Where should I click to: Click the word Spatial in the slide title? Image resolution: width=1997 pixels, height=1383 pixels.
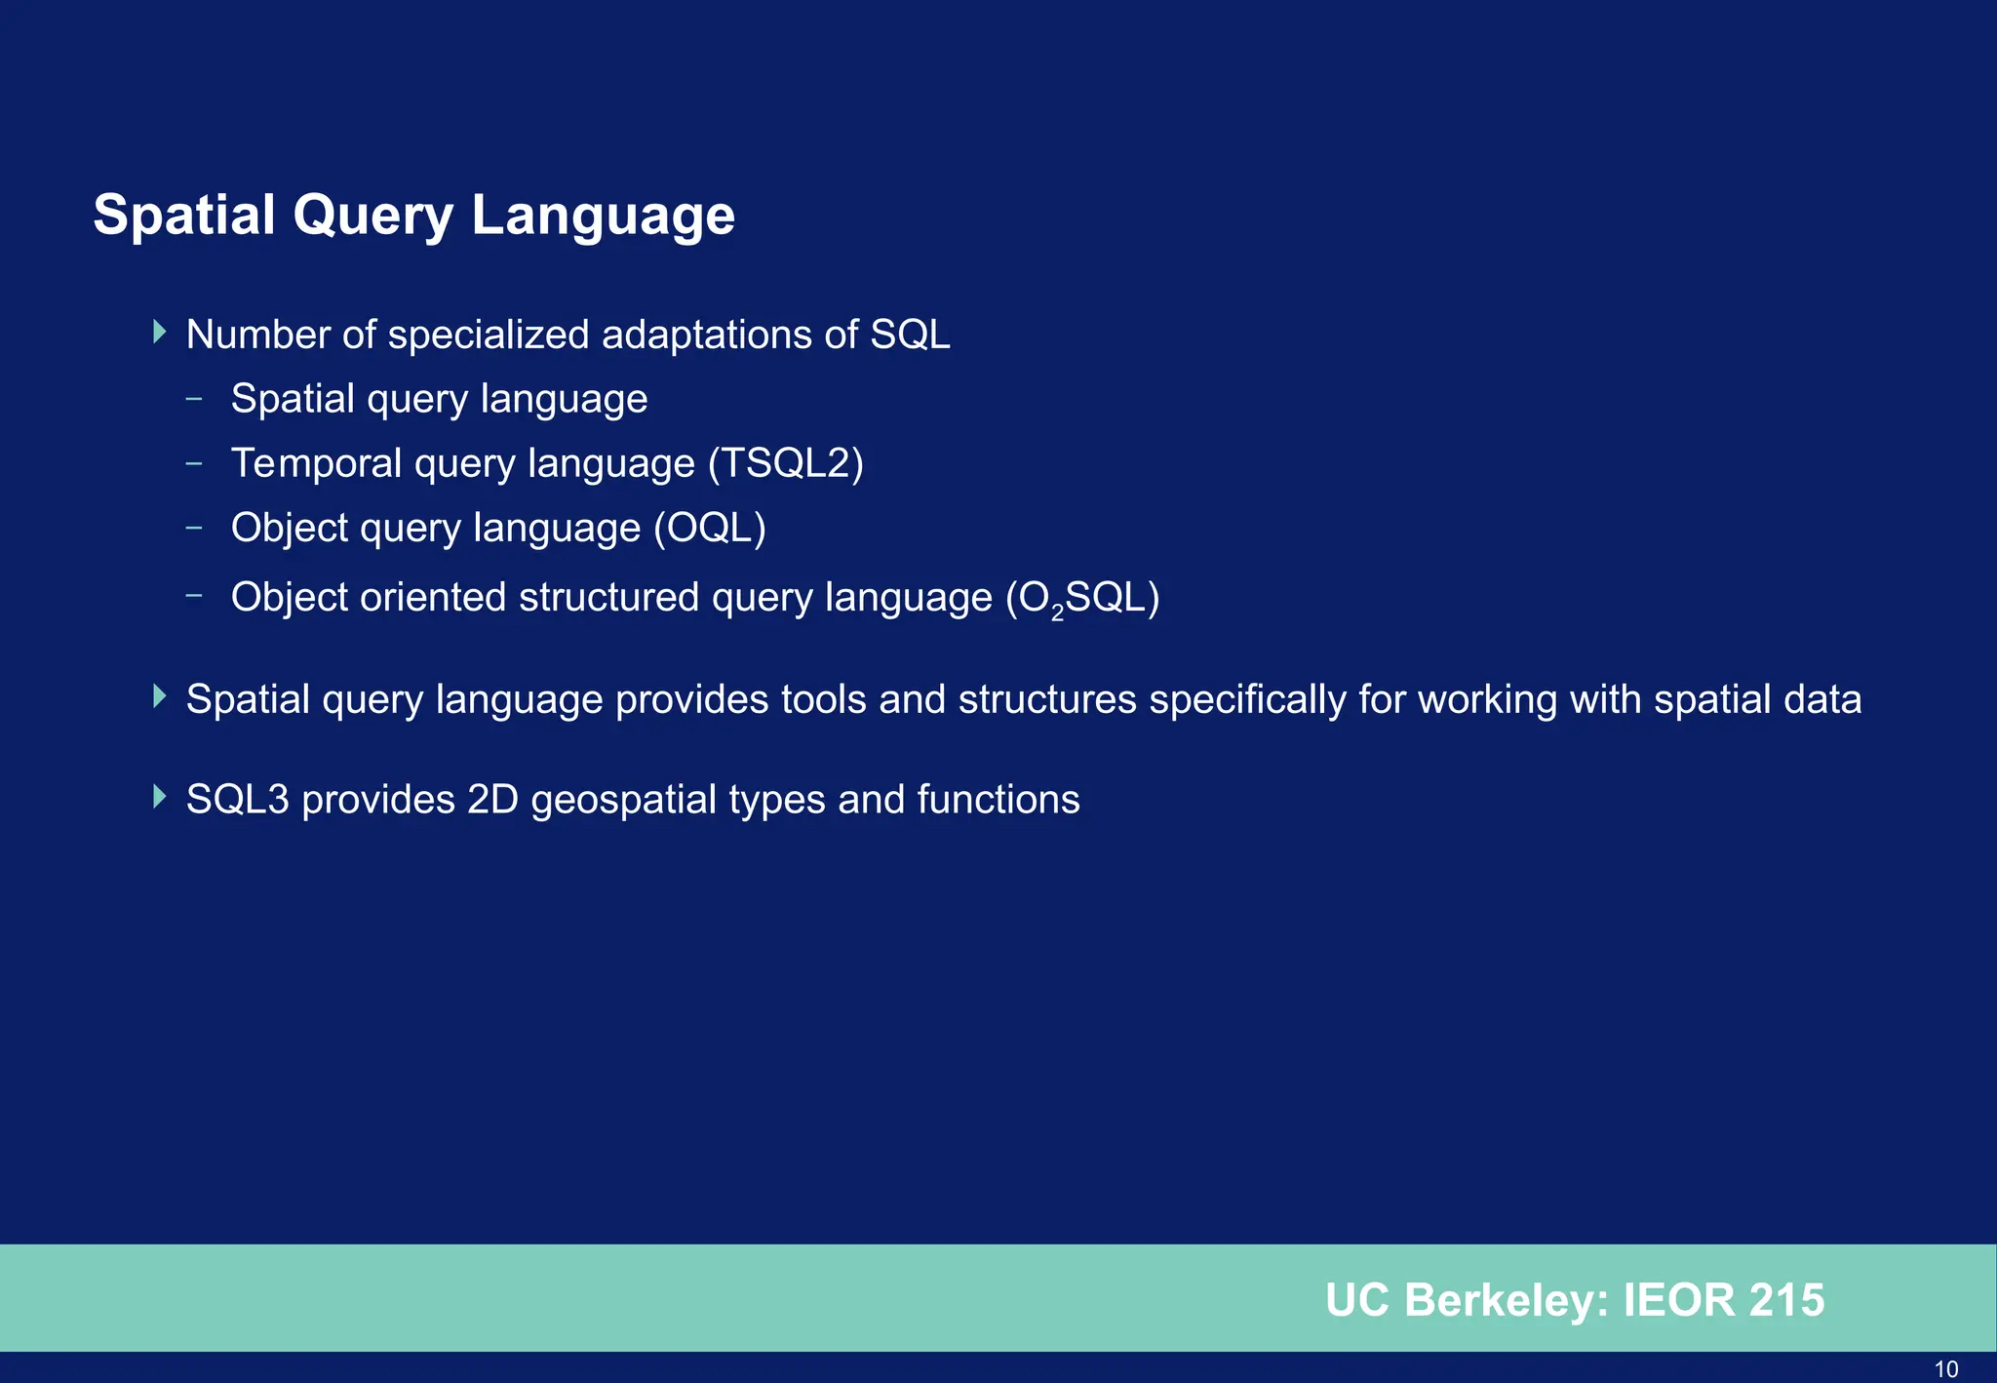tap(184, 215)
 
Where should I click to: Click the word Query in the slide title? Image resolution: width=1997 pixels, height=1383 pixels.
tap(372, 217)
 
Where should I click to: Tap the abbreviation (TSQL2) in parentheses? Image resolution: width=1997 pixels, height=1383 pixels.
tap(786, 463)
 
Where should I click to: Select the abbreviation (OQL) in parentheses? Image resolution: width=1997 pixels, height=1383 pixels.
tap(710, 528)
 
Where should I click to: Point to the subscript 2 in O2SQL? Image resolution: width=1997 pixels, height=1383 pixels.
tap(1057, 613)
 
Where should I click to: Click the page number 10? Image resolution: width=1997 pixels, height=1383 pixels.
tap(1945, 1369)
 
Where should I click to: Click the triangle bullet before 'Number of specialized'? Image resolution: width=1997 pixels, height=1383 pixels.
tap(160, 332)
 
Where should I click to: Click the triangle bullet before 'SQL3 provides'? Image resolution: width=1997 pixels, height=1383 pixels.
tap(160, 797)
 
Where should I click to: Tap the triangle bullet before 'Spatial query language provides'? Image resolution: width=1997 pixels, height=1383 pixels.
tap(160, 696)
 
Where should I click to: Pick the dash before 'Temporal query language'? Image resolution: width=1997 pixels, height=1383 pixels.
tap(194, 462)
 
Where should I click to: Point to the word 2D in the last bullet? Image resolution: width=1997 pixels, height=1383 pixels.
tap(492, 800)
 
